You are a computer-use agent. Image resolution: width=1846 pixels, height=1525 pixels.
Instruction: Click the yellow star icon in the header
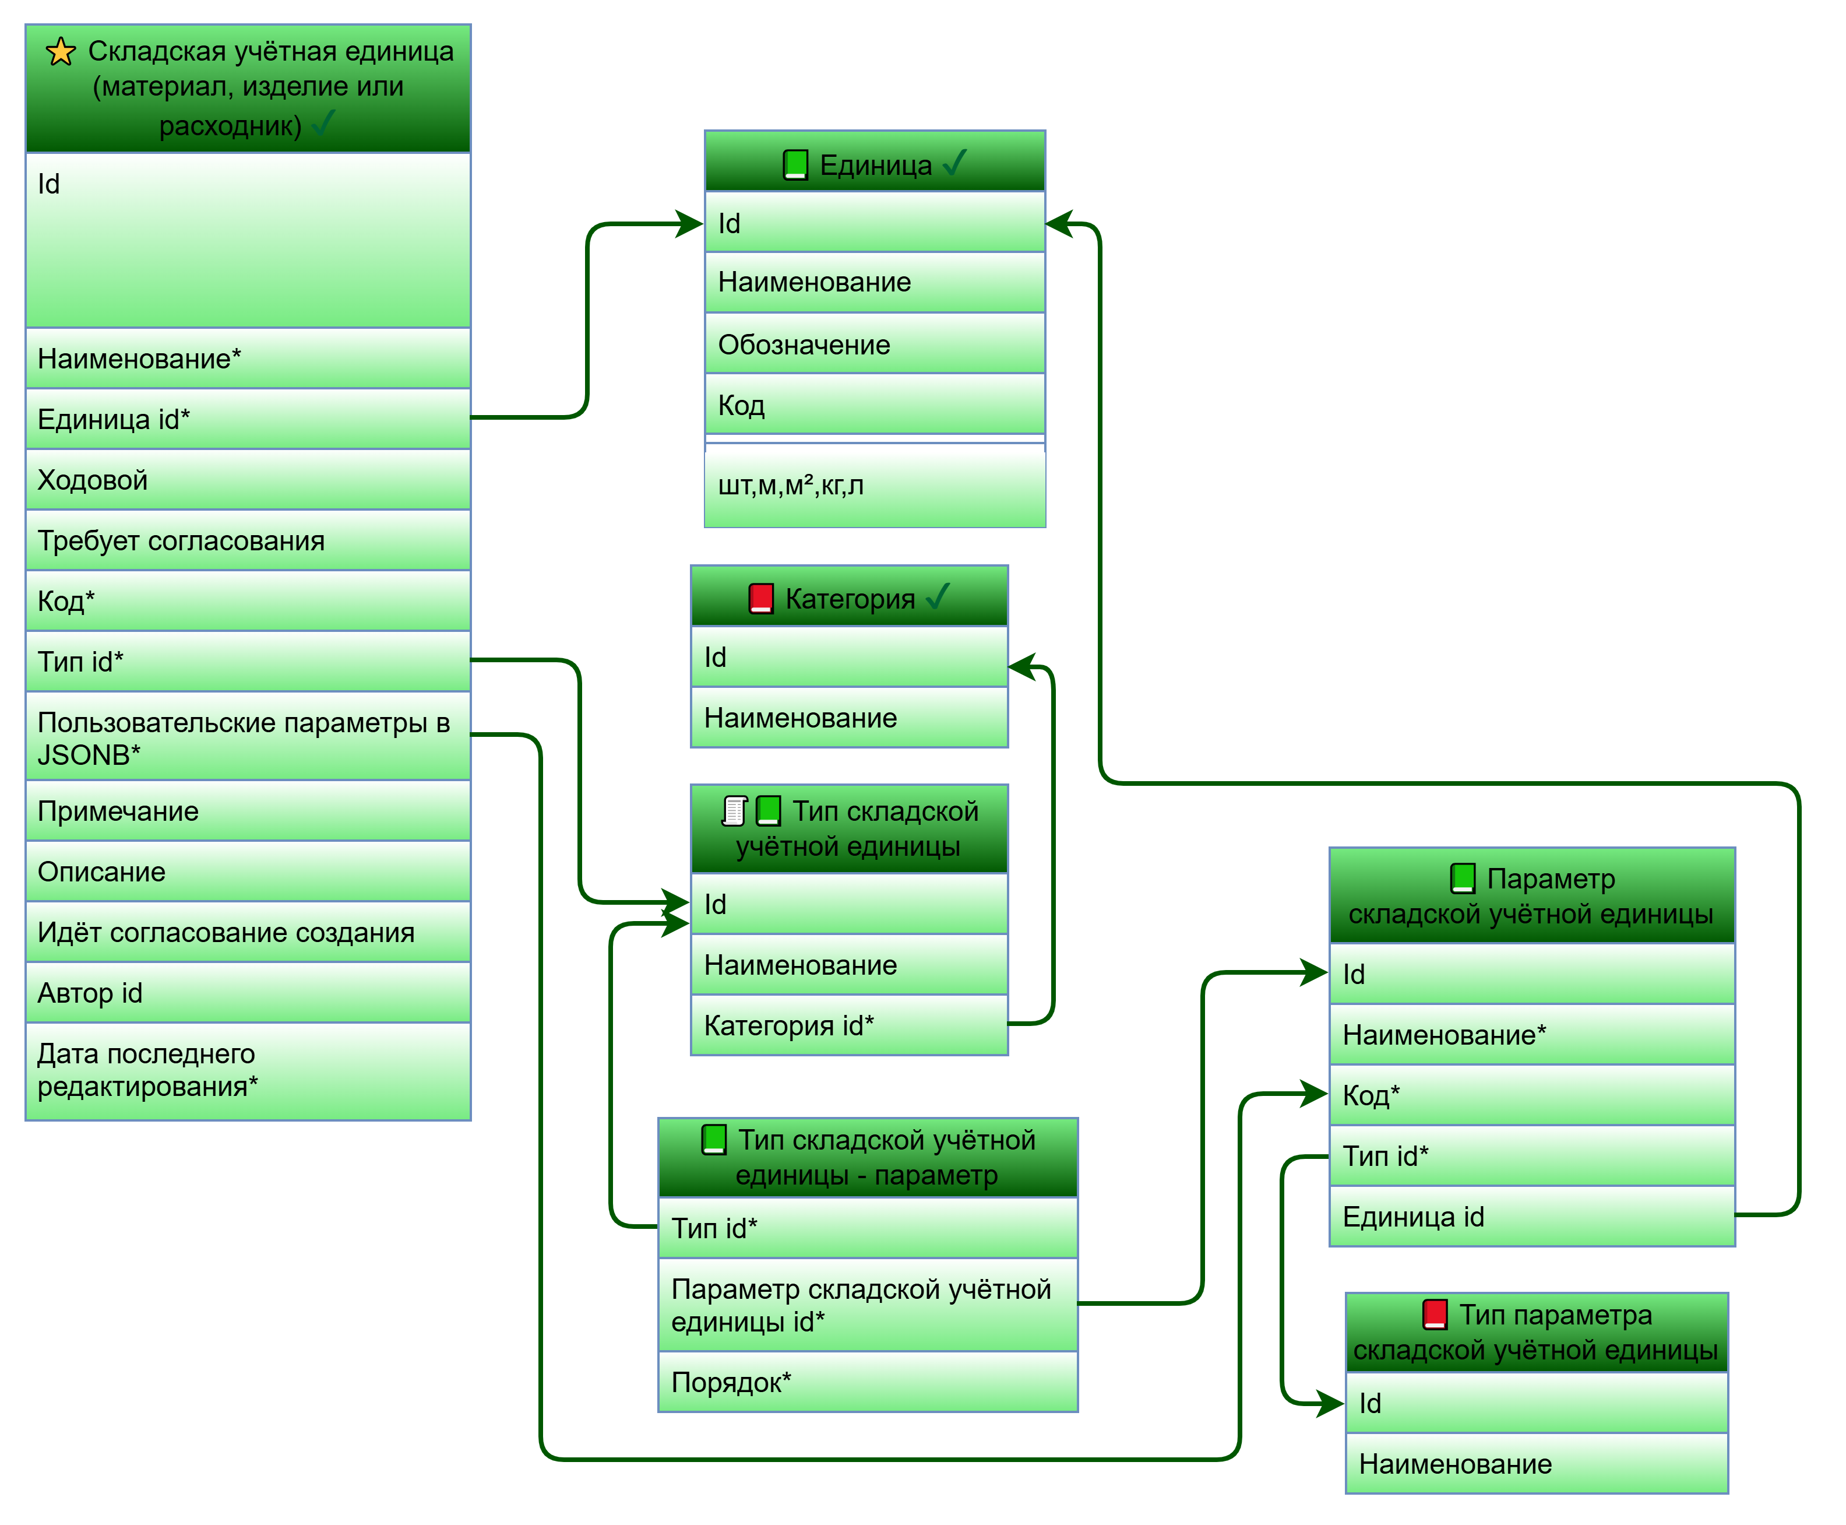pos(61,52)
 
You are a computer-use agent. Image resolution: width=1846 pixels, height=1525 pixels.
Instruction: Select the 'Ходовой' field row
pos(249,480)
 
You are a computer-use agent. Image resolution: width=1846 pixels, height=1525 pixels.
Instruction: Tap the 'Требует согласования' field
pos(249,540)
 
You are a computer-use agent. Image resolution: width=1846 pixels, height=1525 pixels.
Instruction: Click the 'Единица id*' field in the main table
pos(249,419)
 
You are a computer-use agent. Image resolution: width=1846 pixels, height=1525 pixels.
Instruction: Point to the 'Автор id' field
pos(249,993)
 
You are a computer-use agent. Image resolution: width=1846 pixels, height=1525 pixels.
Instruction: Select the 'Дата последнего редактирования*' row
pos(249,1070)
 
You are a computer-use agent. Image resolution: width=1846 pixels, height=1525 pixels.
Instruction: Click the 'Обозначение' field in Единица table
pos(875,345)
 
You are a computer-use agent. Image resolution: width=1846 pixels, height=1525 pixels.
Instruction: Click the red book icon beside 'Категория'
pos(760,598)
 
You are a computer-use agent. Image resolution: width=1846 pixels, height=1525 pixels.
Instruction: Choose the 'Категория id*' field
pos(848,1025)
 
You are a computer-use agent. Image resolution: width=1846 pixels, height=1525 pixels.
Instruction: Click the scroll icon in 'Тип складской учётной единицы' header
pos(734,811)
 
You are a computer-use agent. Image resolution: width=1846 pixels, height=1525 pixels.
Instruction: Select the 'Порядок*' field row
pos(868,1382)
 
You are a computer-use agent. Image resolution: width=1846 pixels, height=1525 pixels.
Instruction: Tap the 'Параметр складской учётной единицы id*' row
pos(868,1305)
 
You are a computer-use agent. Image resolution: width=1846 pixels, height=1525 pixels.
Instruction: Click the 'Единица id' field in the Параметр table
pos(1531,1217)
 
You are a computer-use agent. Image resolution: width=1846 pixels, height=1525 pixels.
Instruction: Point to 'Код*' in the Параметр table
pos(1531,1095)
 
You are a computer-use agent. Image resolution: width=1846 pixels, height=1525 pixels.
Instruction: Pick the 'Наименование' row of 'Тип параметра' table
pos(1536,1464)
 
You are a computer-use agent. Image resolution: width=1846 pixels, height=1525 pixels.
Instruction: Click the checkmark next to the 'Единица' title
pos(954,163)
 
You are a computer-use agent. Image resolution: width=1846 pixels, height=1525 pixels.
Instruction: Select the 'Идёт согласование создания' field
pos(249,932)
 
